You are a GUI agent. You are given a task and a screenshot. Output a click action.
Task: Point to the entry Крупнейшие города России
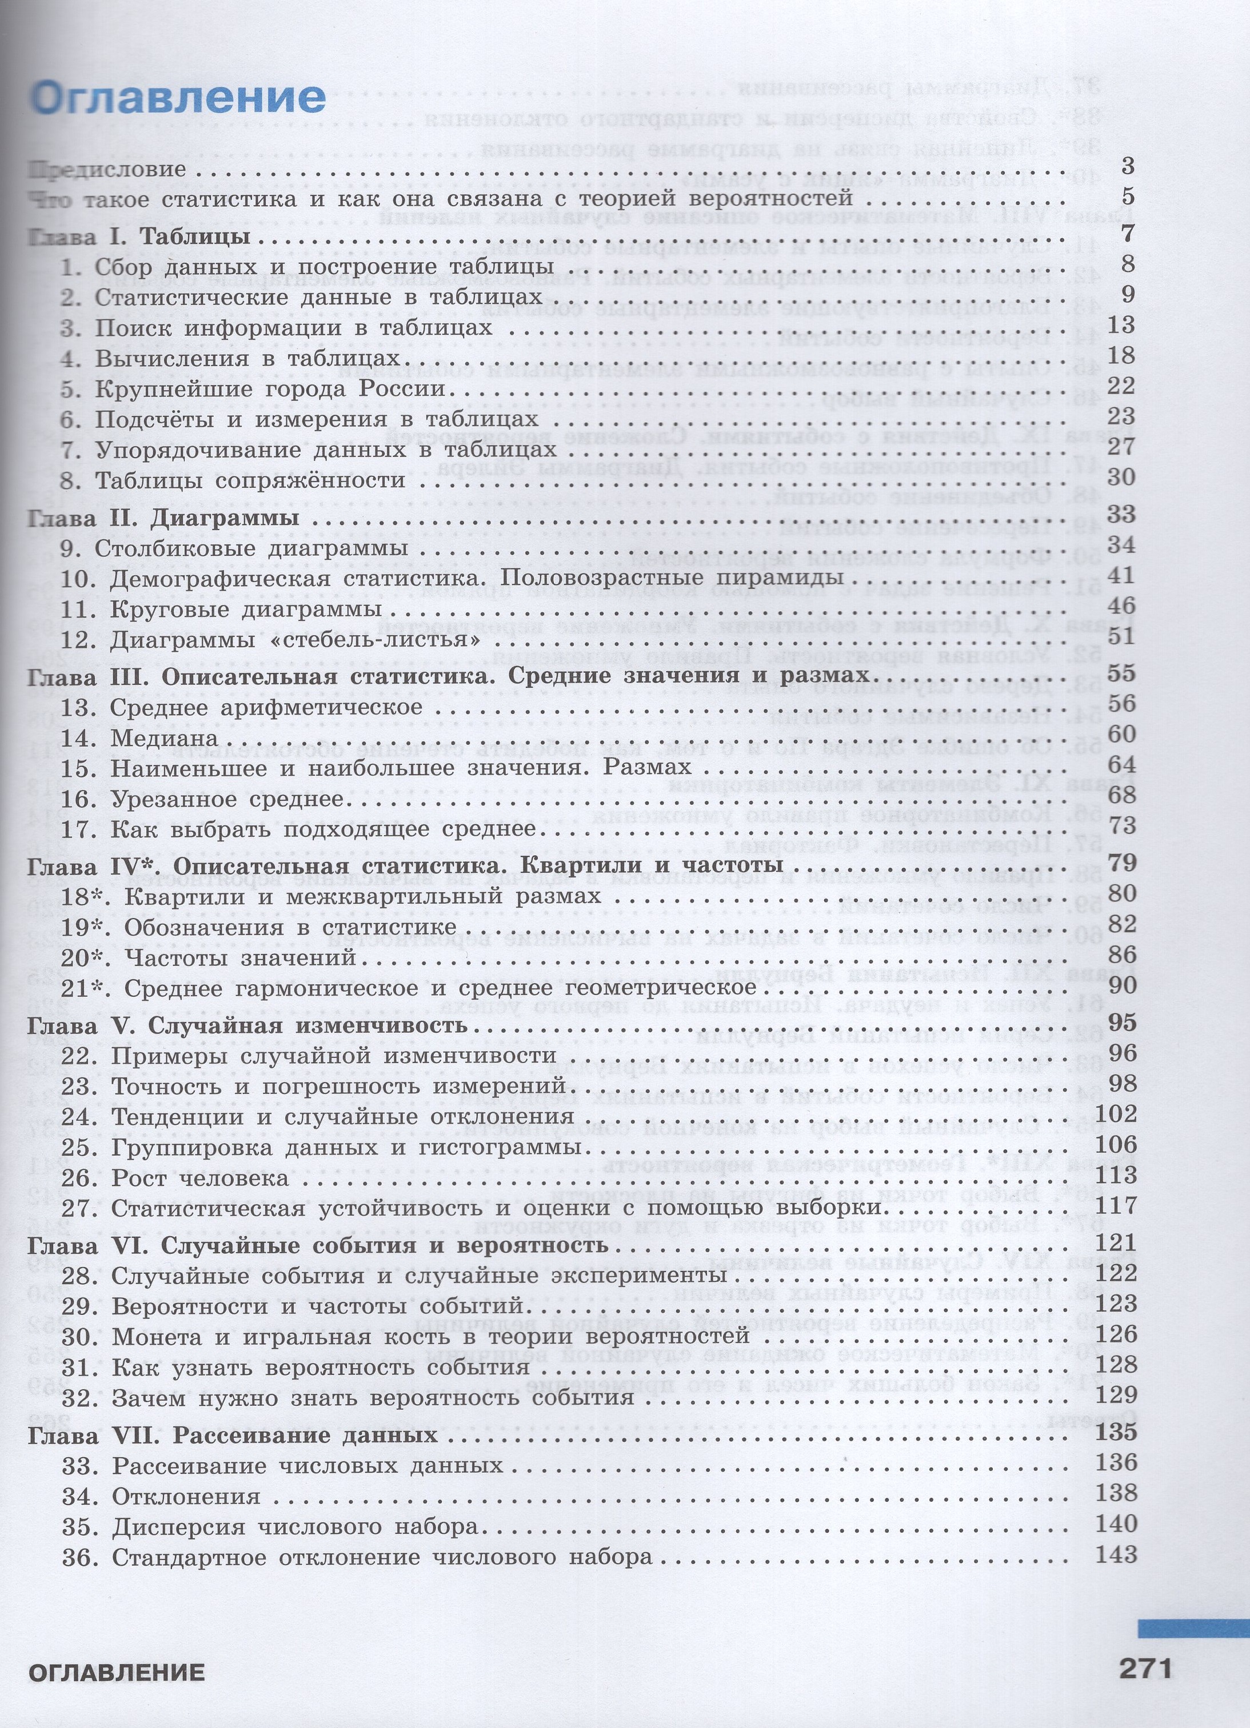[270, 388]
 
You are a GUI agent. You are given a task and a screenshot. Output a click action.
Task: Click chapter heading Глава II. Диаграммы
[162, 518]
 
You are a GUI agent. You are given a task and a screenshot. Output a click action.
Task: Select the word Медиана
[165, 738]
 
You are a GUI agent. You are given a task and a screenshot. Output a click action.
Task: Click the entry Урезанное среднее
[227, 799]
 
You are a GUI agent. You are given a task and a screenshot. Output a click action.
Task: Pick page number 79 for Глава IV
[1122, 863]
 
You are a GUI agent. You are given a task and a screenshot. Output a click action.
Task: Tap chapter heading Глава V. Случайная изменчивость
[247, 1025]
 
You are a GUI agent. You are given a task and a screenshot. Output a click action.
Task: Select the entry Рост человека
[199, 1178]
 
